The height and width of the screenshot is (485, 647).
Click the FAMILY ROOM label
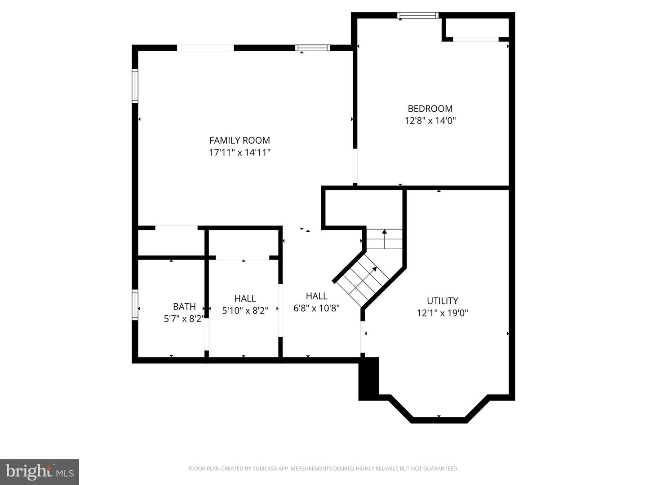(x=239, y=140)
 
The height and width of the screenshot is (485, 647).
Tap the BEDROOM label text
(x=430, y=109)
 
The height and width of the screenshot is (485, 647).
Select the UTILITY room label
(x=442, y=301)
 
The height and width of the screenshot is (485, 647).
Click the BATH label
(x=184, y=306)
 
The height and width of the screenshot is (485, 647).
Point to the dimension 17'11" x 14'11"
(x=239, y=153)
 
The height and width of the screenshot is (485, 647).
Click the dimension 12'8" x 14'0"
(x=430, y=121)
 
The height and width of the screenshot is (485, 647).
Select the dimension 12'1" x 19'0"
(x=442, y=313)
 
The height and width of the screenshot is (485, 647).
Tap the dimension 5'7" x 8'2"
(x=184, y=319)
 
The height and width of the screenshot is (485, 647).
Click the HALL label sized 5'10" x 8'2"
(x=245, y=299)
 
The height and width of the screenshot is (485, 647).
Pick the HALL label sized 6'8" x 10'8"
(x=316, y=296)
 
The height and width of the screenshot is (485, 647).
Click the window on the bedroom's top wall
(x=418, y=16)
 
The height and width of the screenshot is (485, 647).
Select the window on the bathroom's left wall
(x=135, y=305)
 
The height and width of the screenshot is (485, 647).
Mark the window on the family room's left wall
(x=135, y=86)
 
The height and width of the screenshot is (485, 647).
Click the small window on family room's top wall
(x=312, y=48)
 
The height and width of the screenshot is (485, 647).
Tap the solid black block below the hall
(x=369, y=378)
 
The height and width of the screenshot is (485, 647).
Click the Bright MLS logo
(x=40, y=472)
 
